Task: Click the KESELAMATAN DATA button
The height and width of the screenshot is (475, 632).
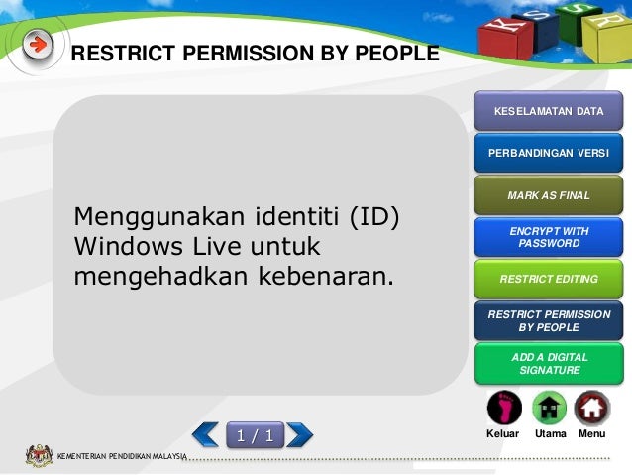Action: pyautogui.click(x=549, y=111)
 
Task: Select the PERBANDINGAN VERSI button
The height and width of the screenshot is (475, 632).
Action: pyautogui.click(x=549, y=154)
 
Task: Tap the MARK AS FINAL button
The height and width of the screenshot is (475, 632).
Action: pyautogui.click(x=549, y=195)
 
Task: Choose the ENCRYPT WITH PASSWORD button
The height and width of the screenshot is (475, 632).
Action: pyautogui.click(x=549, y=237)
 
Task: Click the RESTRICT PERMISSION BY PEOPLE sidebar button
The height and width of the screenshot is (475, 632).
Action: pyautogui.click(x=549, y=320)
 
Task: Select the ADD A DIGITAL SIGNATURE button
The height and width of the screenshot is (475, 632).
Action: pyautogui.click(x=549, y=363)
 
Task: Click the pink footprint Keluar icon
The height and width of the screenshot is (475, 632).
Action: pyautogui.click(x=503, y=408)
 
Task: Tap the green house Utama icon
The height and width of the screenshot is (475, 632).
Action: pyautogui.click(x=549, y=408)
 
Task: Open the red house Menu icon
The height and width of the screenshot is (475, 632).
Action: pyautogui.click(x=591, y=408)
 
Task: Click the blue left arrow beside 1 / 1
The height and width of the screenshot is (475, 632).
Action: pyautogui.click(x=206, y=434)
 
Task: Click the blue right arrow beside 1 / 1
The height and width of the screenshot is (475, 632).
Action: pyautogui.click(x=299, y=434)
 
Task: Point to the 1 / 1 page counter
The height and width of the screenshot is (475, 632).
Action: pyautogui.click(x=254, y=434)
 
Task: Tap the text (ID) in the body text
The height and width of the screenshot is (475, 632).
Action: pyautogui.click(x=374, y=215)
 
